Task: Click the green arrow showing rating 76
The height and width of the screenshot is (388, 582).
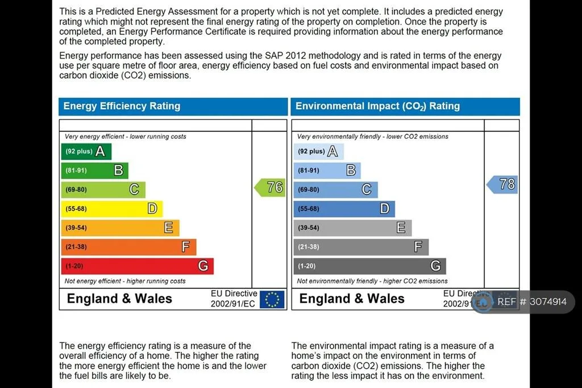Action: [270, 187]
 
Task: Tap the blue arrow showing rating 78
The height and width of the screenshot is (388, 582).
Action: [502, 184]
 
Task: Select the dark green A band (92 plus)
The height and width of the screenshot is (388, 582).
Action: [86, 151]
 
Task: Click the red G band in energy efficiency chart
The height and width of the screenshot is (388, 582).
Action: [138, 266]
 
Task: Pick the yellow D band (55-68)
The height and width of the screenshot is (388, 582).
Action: [112, 209]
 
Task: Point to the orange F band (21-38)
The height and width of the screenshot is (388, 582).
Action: [129, 247]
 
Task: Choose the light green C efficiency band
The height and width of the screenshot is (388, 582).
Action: [103, 189]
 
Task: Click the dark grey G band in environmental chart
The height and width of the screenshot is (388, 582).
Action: [369, 266]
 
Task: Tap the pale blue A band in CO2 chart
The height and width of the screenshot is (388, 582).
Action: [318, 151]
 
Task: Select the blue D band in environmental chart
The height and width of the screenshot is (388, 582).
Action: [344, 209]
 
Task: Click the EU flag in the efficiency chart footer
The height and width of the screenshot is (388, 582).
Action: [272, 300]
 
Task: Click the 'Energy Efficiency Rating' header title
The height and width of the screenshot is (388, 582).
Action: [122, 106]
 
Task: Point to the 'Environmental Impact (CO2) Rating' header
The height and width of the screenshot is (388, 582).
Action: [377, 106]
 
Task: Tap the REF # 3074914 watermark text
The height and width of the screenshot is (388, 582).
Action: [532, 302]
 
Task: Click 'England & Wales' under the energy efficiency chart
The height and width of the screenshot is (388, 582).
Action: [119, 299]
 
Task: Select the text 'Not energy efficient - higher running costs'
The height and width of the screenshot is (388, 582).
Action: [125, 282]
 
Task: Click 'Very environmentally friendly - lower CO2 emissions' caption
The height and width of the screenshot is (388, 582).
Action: [373, 137]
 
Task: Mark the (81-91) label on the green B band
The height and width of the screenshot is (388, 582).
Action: [76, 171]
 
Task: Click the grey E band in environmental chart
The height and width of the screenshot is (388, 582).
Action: [352, 228]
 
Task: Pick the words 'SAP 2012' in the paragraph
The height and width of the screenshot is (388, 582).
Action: [280, 56]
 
